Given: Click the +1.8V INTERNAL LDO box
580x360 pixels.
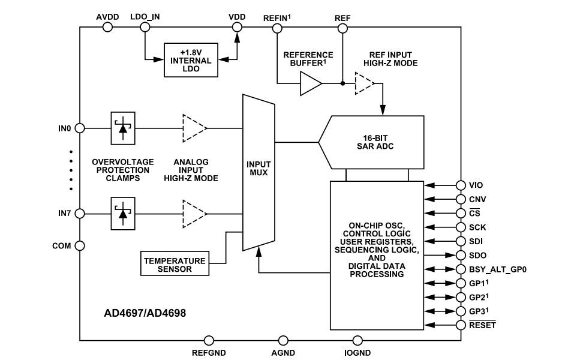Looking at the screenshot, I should click(x=191, y=60).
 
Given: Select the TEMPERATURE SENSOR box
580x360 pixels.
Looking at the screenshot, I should click(x=175, y=265).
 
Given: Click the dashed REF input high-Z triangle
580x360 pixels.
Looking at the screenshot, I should click(x=363, y=83).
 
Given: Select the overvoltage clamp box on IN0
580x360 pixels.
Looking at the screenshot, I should click(x=123, y=127).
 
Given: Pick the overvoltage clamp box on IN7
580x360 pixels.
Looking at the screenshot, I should click(x=123, y=213).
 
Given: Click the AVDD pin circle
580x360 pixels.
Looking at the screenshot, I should click(x=108, y=27).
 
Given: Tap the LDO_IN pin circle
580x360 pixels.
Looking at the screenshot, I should click(x=145, y=27).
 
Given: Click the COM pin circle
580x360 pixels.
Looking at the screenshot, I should click(x=79, y=245).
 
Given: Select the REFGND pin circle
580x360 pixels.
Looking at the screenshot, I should click(x=209, y=341).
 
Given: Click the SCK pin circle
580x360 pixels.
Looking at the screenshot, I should click(x=461, y=227).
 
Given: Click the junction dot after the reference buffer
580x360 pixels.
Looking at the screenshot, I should click(x=342, y=83).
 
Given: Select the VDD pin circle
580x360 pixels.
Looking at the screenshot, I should click(x=237, y=27).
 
